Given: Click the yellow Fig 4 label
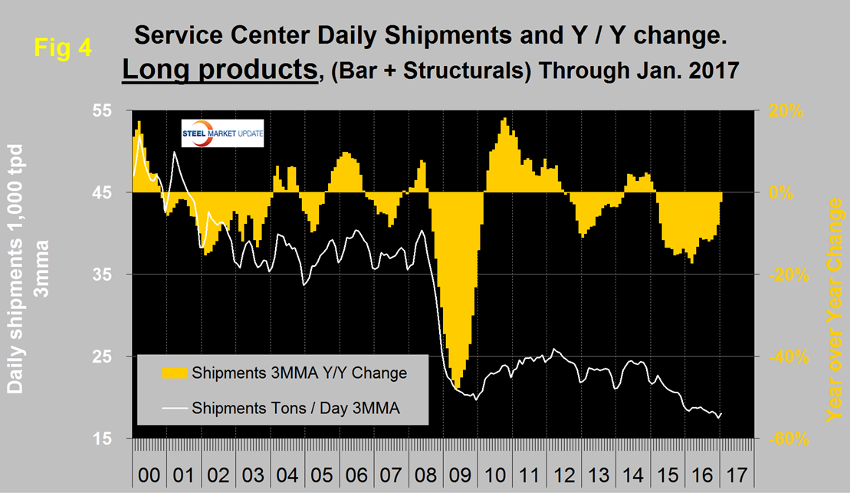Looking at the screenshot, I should [64, 48].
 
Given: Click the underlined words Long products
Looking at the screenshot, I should [219, 71].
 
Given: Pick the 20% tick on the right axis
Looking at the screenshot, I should [786, 110].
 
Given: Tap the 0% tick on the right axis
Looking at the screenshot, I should [782, 192].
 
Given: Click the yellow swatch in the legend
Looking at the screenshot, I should [175, 373].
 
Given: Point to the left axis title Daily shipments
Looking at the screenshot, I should [17, 268].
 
